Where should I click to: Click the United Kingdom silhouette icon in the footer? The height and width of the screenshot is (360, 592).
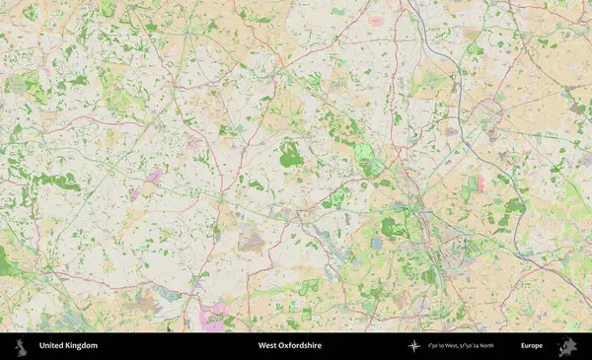(x=20, y=346)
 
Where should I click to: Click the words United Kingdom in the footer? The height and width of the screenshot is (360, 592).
(x=68, y=346)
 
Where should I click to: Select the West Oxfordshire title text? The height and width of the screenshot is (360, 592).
(x=289, y=346)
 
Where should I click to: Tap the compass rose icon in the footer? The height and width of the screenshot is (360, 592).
(x=414, y=346)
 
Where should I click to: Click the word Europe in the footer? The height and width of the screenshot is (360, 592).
(x=532, y=346)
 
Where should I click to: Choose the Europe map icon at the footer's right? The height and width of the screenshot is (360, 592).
(x=566, y=346)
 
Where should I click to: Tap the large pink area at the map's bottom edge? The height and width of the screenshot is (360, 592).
(x=212, y=318)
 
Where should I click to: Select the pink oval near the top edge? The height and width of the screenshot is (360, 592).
(x=376, y=20)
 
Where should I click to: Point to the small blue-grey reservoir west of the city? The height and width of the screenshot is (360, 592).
(x=377, y=242)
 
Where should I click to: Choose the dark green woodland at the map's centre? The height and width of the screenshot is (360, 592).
(x=290, y=155)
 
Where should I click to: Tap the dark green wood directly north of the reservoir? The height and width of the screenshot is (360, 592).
(x=393, y=228)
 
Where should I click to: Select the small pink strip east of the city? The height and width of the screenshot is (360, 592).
(x=481, y=183)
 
